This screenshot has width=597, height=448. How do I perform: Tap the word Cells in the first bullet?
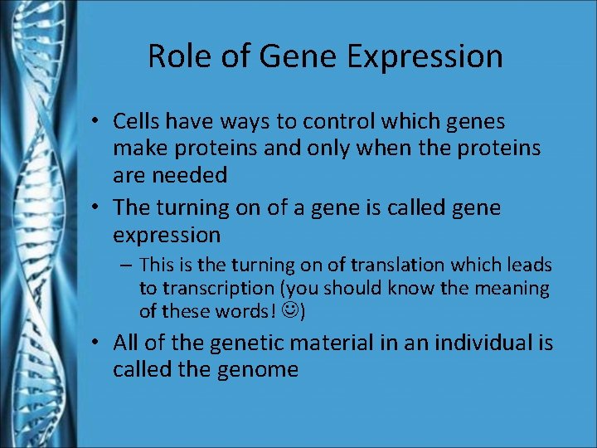137,122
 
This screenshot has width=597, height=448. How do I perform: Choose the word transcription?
219,289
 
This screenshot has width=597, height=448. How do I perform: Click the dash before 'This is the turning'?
129,265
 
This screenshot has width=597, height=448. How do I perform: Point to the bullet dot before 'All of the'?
97,343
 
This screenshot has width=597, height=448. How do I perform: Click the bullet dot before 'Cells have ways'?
97,122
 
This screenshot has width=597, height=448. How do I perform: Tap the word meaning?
514,289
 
